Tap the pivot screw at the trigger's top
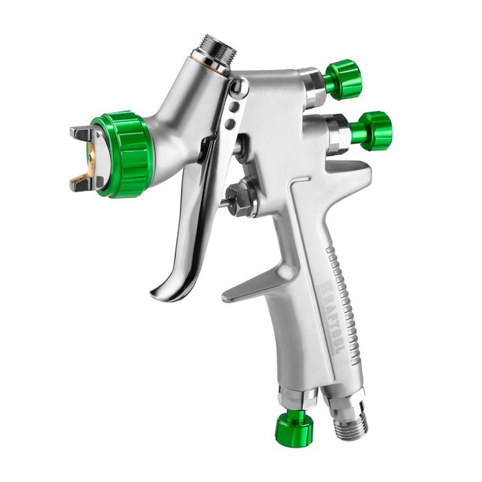pyautogui.click(x=238, y=87)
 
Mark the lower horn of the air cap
pyautogui.click(x=82, y=182)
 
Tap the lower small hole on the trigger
pyautogui.click(x=230, y=124)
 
